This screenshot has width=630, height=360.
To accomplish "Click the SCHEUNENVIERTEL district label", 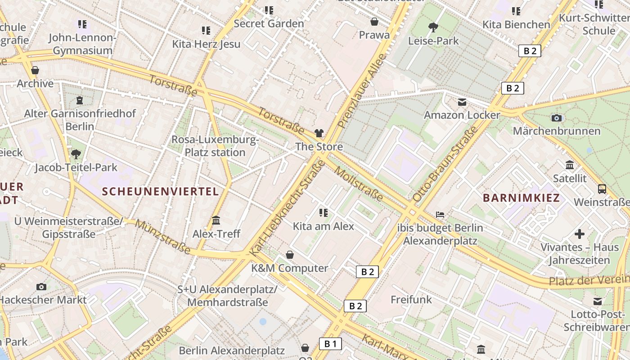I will tap(160, 191).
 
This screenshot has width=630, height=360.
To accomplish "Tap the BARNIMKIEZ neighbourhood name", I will tap(521, 198).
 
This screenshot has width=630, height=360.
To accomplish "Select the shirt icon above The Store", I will tap(319, 133).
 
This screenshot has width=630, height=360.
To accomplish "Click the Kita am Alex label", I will tap(324, 226).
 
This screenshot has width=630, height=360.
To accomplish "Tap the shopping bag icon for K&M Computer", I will tap(290, 255).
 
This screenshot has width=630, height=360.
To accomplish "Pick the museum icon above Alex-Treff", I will tap(216, 220).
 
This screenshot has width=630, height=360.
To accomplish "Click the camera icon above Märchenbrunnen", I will tap(557, 118).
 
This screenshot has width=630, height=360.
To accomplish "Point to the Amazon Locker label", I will tap(462, 115).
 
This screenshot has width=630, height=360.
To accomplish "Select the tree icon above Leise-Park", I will tap(433, 27).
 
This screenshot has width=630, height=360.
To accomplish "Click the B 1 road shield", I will tap(330, 344).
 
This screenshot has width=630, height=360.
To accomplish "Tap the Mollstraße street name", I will tap(359, 184).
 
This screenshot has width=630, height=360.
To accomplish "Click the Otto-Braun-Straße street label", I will tap(445, 164).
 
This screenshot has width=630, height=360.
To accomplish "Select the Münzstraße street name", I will tap(162, 237).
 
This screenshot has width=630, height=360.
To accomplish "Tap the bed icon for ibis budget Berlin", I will tap(440, 214).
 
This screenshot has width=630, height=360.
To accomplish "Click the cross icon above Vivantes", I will tap(580, 234).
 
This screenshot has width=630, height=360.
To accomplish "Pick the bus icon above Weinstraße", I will tap(602, 189).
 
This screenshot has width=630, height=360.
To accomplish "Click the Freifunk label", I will tap(411, 299).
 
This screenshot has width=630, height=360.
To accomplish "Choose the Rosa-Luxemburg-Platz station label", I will tap(215, 146).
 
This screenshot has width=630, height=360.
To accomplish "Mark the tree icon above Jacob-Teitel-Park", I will tap(76, 154).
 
